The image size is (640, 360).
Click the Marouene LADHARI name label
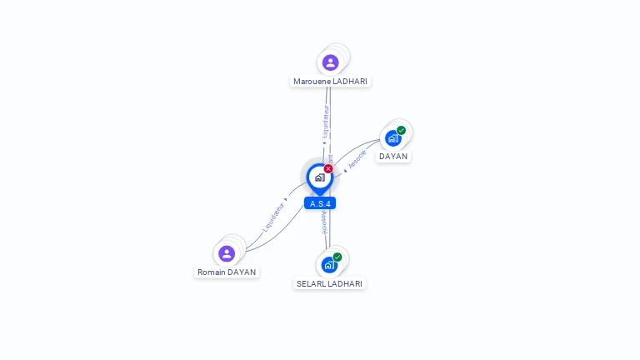tap(330, 81)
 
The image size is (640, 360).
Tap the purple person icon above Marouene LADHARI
tap(330, 62)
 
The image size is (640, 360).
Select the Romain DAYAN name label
tap(227, 272)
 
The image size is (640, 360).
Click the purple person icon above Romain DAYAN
tap(227, 253)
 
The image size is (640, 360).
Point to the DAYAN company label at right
tap(393, 156)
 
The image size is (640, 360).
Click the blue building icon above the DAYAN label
tap(392, 138)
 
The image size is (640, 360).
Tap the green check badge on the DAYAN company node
tap(402, 130)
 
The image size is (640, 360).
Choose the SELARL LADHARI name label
tap(330, 283)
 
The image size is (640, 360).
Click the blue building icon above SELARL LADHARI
tap(329, 265)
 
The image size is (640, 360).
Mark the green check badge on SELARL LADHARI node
tap(337, 257)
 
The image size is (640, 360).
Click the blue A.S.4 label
tap(320, 203)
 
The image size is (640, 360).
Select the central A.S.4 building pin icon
tap(319, 177)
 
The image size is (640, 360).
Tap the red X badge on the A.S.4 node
tap(328, 168)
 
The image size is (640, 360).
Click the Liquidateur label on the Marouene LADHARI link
tap(326, 122)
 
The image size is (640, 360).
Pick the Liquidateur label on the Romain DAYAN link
tap(273, 216)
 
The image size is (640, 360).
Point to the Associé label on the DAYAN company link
tap(357, 160)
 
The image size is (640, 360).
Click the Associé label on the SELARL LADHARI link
tap(324, 222)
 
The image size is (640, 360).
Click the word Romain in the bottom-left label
tap(211, 272)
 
